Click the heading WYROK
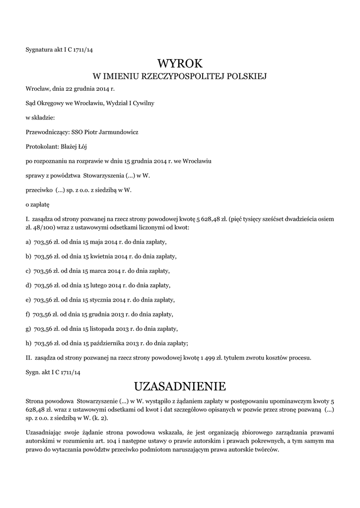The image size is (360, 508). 180,63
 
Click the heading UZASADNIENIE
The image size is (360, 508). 180,386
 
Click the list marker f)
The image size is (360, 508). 28,314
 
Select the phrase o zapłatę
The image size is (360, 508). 38,204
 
